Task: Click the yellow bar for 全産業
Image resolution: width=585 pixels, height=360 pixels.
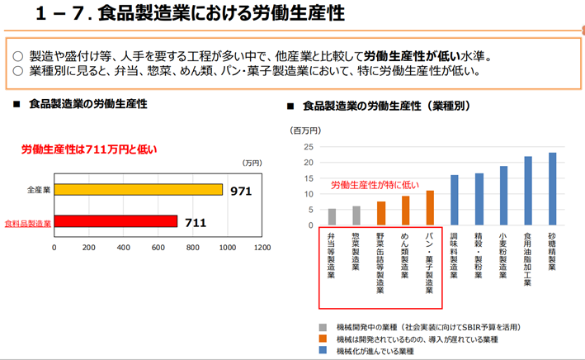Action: click(138, 190)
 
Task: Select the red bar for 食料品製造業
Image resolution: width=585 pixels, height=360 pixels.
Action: click(116, 221)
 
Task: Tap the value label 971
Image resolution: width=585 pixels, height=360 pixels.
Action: click(241, 192)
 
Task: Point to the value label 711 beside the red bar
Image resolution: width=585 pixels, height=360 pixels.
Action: click(195, 222)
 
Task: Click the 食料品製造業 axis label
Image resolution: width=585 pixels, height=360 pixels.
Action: click(28, 223)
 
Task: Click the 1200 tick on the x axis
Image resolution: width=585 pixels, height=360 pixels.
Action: click(262, 246)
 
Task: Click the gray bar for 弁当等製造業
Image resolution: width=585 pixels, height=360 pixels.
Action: click(333, 217)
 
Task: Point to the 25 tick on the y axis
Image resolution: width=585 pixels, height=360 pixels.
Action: click(309, 147)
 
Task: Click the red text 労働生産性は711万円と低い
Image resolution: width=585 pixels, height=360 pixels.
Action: click(88, 149)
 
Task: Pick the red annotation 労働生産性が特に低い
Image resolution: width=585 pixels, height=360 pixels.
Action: click(375, 185)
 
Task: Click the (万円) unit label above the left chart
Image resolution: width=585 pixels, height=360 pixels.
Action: click(252, 163)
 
